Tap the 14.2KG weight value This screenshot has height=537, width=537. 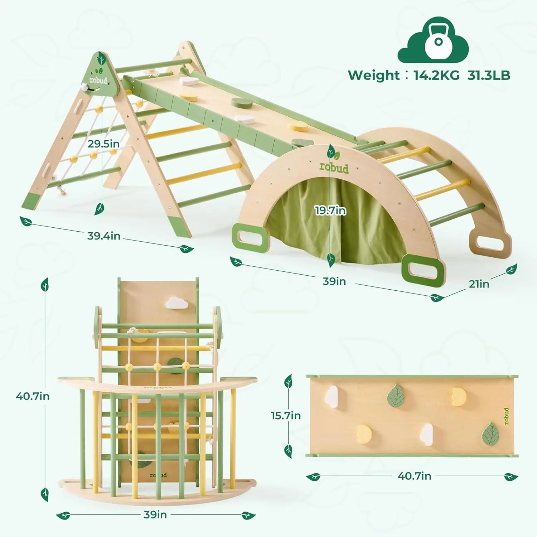click(436, 75)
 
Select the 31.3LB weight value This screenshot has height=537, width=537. click(489, 75)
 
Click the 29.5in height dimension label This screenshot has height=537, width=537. click(103, 144)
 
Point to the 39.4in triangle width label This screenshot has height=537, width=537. click(104, 236)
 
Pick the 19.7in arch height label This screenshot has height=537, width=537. click(330, 211)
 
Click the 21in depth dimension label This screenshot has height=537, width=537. click(479, 284)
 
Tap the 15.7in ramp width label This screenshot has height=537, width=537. click(286, 416)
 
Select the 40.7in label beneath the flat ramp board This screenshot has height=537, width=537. click(414, 476)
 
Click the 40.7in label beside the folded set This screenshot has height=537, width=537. click(33, 396)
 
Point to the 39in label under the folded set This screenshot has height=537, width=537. click(155, 514)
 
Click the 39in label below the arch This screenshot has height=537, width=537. click(334, 281)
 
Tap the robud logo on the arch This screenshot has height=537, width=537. click(334, 167)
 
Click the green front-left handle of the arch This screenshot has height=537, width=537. click(251, 235)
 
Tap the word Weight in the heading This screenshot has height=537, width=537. click(374, 75)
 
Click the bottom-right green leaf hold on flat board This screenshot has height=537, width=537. click(491, 433)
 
